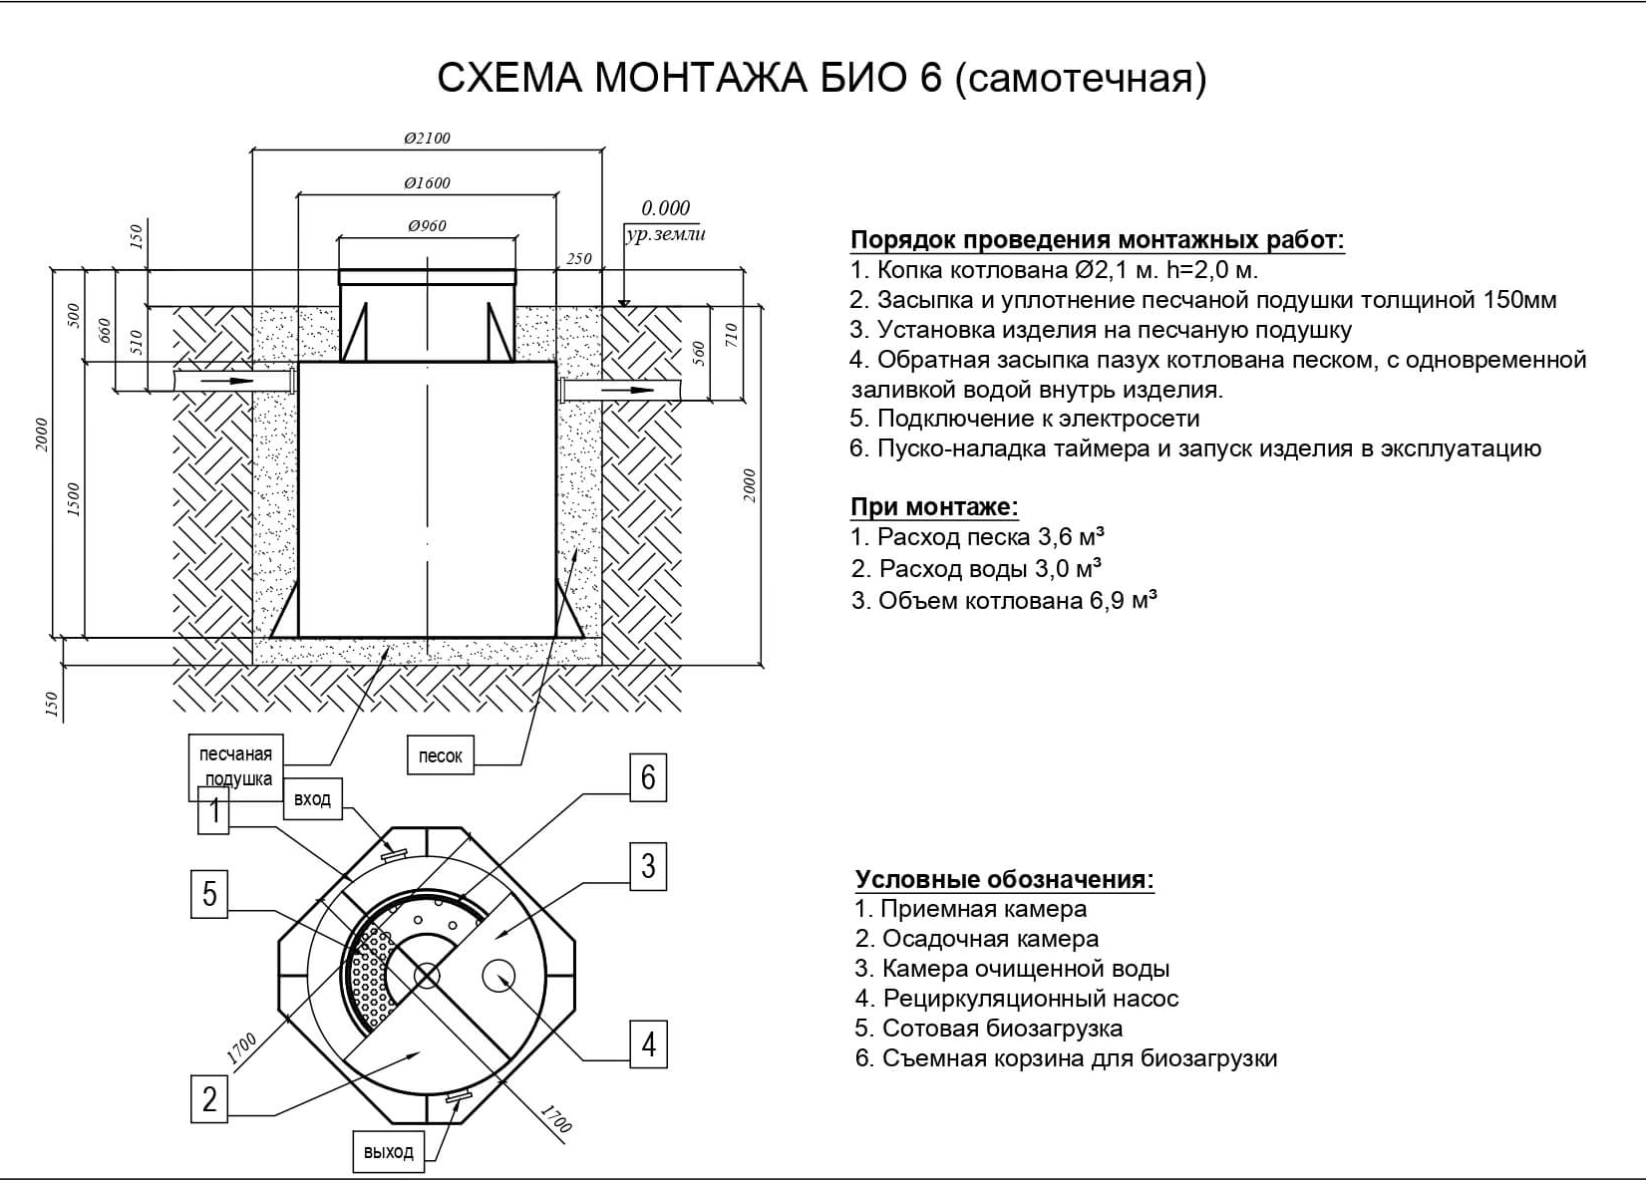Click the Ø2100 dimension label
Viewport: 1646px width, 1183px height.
tap(427, 139)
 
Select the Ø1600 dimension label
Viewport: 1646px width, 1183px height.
tap(427, 183)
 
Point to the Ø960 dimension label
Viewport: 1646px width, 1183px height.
tap(427, 226)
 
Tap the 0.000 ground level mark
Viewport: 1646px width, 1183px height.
tap(665, 208)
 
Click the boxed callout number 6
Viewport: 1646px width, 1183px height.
tap(648, 777)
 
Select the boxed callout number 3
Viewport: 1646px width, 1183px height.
tap(648, 866)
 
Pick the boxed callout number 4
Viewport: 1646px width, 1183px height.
tap(649, 1044)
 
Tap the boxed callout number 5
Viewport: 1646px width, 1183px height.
tap(209, 893)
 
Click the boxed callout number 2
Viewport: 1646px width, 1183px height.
tap(209, 1098)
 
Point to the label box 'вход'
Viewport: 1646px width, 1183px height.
tap(312, 799)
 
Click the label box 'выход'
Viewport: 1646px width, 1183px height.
tap(388, 1152)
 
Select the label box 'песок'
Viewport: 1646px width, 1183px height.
tap(440, 756)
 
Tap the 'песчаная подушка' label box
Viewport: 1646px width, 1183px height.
tap(235, 766)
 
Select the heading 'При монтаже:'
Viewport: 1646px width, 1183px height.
tap(934, 507)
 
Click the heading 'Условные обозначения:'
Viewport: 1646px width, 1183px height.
tap(1004, 880)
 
